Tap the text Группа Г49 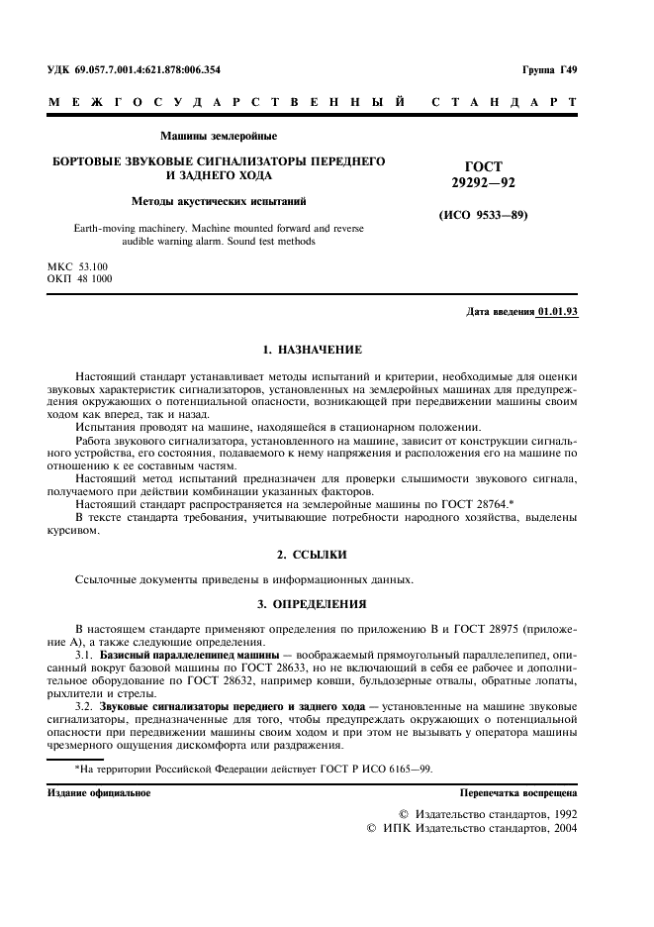pyautogui.click(x=549, y=69)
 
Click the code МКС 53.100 pyautogui.click(x=78, y=266)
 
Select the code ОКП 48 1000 pyautogui.click(x=79, y=279)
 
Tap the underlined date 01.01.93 pyautogui.click(x=557, y=311)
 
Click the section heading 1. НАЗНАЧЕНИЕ pyautogui.click(x=312, y=350)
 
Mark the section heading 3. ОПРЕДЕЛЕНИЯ pyautogui.click(x=312, y=603)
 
